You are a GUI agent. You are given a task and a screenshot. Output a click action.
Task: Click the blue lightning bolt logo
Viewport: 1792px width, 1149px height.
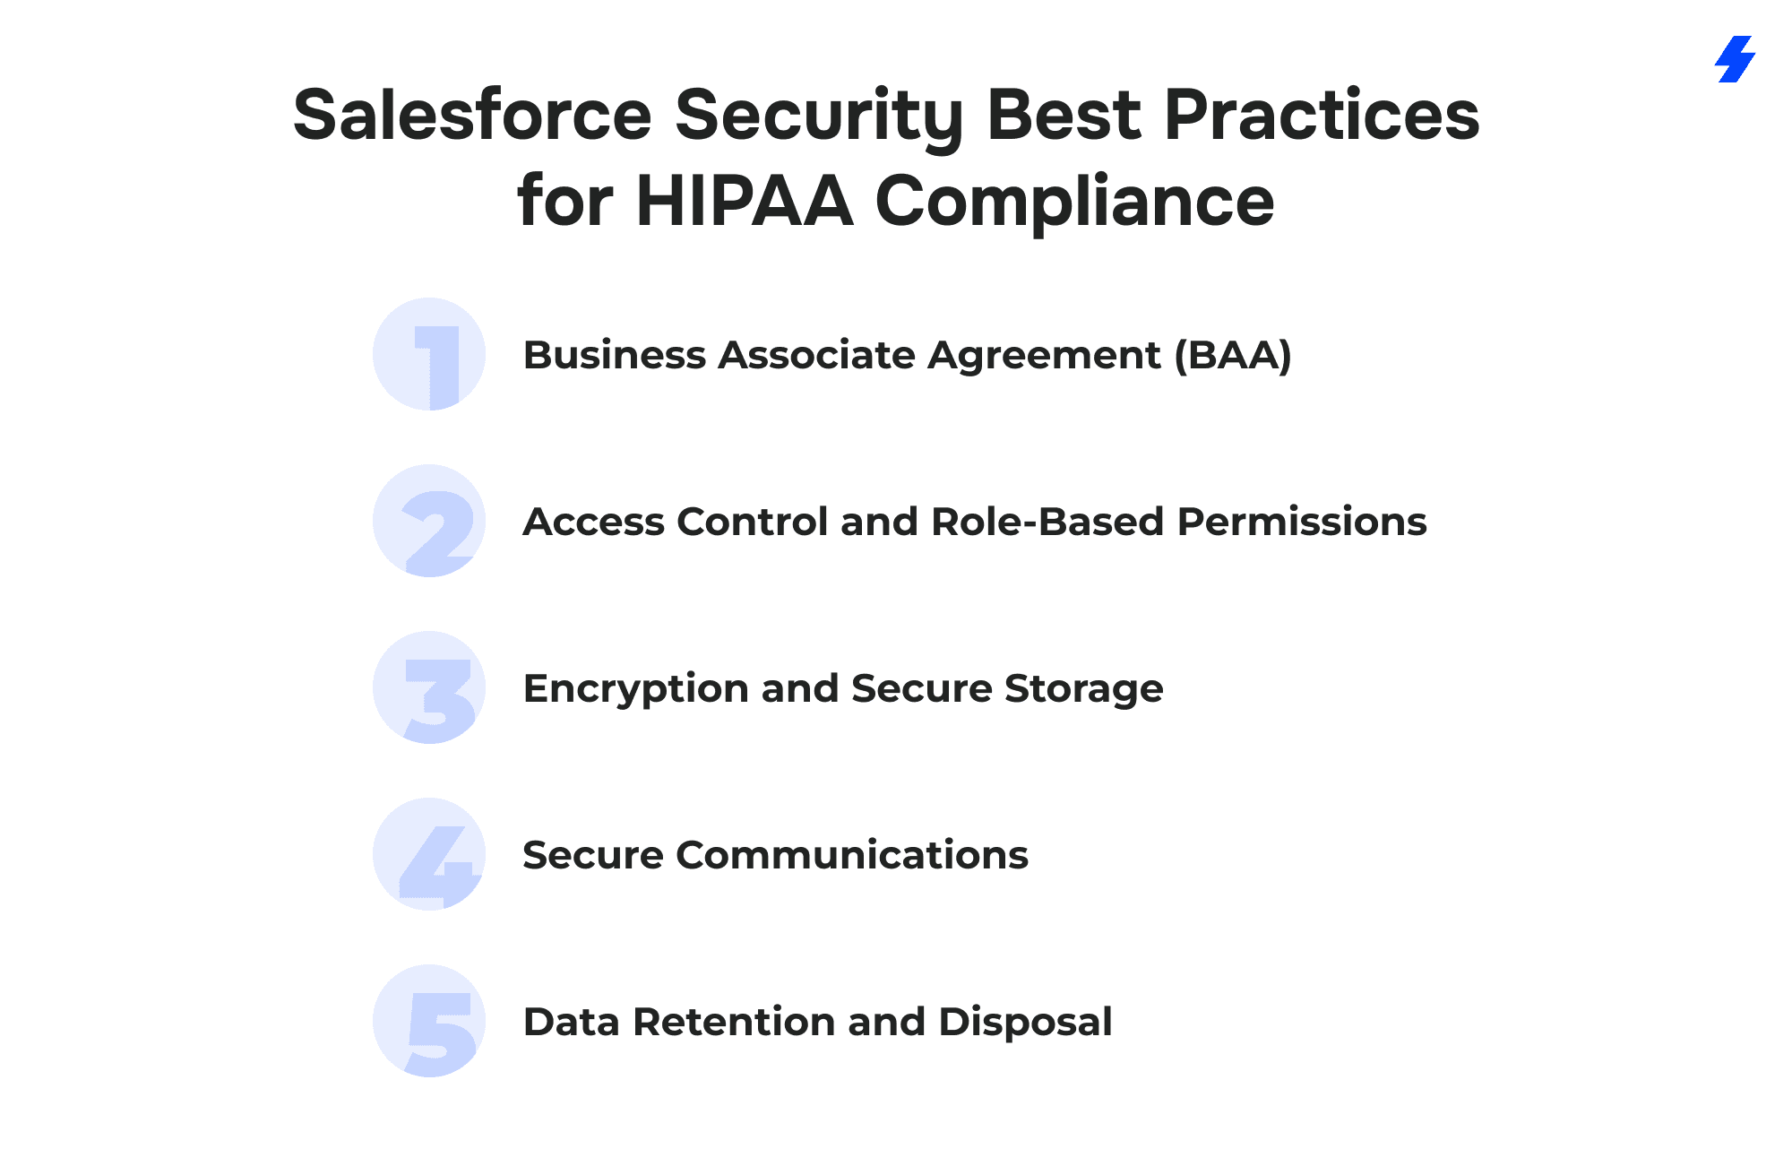pyautogui.click(x=1735, y=59)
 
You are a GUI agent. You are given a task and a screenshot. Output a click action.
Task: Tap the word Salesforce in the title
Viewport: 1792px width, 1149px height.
pyautogui.click(x=472, y=116)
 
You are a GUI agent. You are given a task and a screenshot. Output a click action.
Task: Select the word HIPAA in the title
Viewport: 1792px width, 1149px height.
pyautogui.click(x=744, y=201)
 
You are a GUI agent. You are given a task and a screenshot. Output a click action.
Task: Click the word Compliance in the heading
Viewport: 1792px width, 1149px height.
pyautogui.click(x=1074, y=203)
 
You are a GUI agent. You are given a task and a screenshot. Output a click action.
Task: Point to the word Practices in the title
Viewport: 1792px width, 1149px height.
pyautogui.click(x=1322, y=116)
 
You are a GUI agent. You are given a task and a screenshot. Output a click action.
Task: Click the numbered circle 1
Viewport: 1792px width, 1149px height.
pyautogui.click(x=429, y=354)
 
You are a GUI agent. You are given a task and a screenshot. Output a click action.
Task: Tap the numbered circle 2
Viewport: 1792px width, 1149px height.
pyautogui.click(x=429, y=521)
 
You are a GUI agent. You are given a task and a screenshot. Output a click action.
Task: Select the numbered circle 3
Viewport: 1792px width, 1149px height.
pyautogui.click(x=429, y=687)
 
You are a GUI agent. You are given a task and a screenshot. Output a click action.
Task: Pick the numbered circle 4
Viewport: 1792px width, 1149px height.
pyautogui.click(x=429, y=854)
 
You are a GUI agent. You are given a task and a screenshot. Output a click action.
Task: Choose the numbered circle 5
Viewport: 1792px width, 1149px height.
pyautogui.click(x=429, y=1021)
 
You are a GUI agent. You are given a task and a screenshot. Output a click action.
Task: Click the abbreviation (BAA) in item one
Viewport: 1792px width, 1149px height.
pyautogui.click(x=1233, y=356)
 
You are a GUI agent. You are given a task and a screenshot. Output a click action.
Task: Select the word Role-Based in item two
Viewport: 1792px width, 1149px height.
pyautogui.click(x=1047, y=522)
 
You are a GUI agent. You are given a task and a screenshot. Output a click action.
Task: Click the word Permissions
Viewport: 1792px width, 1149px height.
pyautogui.click(x=1302, y=522)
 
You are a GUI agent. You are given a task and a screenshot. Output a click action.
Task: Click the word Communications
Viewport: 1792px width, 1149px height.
pyautogui.click(x=852, y=855)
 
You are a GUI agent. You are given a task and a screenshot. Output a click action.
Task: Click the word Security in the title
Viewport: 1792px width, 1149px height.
pyautogui.click(x=818, y=117)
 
